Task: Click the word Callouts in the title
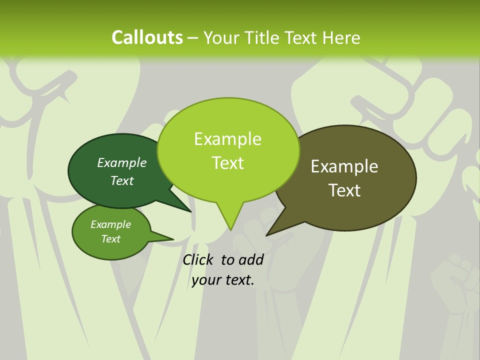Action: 147,37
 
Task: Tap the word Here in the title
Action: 341,37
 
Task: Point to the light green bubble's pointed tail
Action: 230,222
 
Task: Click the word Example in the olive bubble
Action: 344,166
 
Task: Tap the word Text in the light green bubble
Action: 228,163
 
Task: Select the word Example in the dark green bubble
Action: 121,162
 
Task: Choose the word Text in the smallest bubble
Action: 110,239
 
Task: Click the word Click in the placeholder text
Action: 197,259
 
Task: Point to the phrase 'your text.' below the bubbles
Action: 223,280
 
